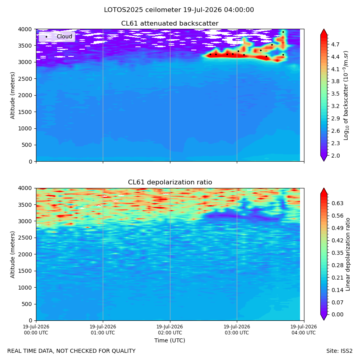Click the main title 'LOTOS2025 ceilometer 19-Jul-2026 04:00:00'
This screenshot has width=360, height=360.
click(179, 10)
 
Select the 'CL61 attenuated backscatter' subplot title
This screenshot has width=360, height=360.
click(170, 24)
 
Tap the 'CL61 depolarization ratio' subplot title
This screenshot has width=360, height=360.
click(170, 182)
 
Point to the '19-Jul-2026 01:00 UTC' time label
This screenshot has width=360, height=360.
click(103, 330)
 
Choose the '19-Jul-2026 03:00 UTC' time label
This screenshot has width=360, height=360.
click(237, 330)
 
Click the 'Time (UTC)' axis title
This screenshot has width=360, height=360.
click(170, 340)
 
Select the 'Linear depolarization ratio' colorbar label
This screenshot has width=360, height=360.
click(348, 254)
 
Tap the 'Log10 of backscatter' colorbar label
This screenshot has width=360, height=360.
click(346, 96)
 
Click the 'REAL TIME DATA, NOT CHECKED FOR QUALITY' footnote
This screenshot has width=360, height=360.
click(72, 351)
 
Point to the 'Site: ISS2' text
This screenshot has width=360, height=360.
click(339, 351)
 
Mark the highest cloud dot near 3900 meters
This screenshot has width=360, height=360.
click(283, 32)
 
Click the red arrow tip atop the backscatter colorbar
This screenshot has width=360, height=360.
click(324, 29)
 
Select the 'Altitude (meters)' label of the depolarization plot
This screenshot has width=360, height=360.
click(12, 255)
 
